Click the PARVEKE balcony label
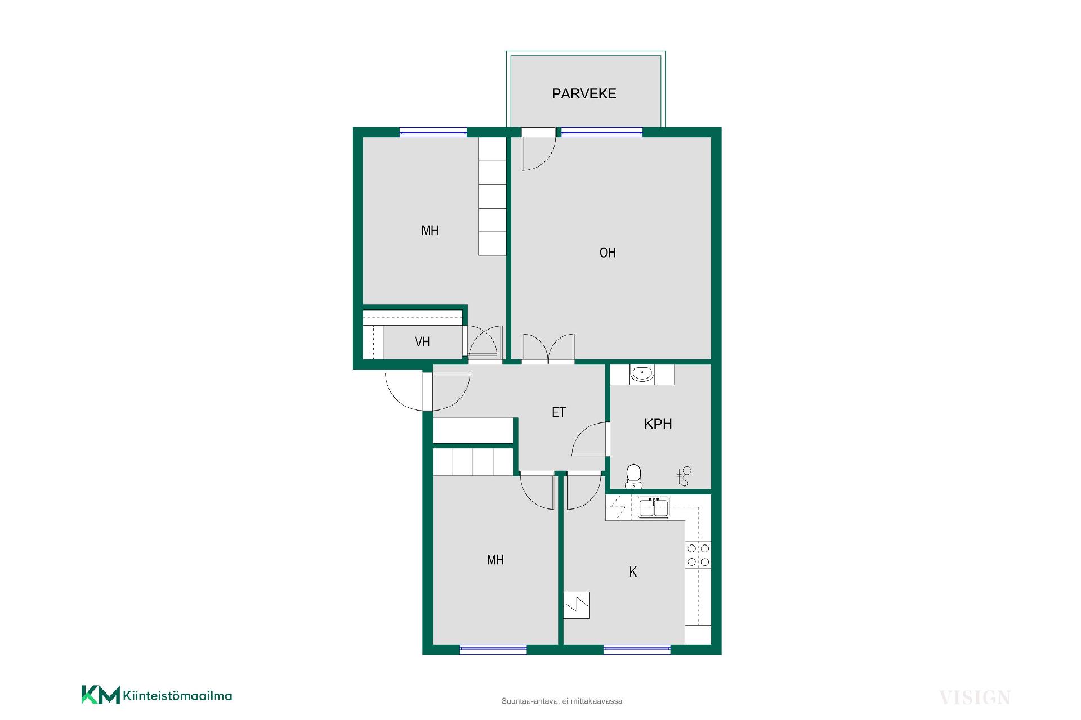pos(584,93)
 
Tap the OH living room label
pos(607,253)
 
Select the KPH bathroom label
pos(658,424)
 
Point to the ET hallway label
pos(559,413)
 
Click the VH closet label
pos(422,341)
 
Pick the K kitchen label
pos(633,572)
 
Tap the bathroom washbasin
pos(642,373)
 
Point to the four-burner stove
pos(698,555)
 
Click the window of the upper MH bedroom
pos(433,132)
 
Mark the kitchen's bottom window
pos(637,650)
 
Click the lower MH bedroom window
pos(493,650)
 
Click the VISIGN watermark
pos(975,698)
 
